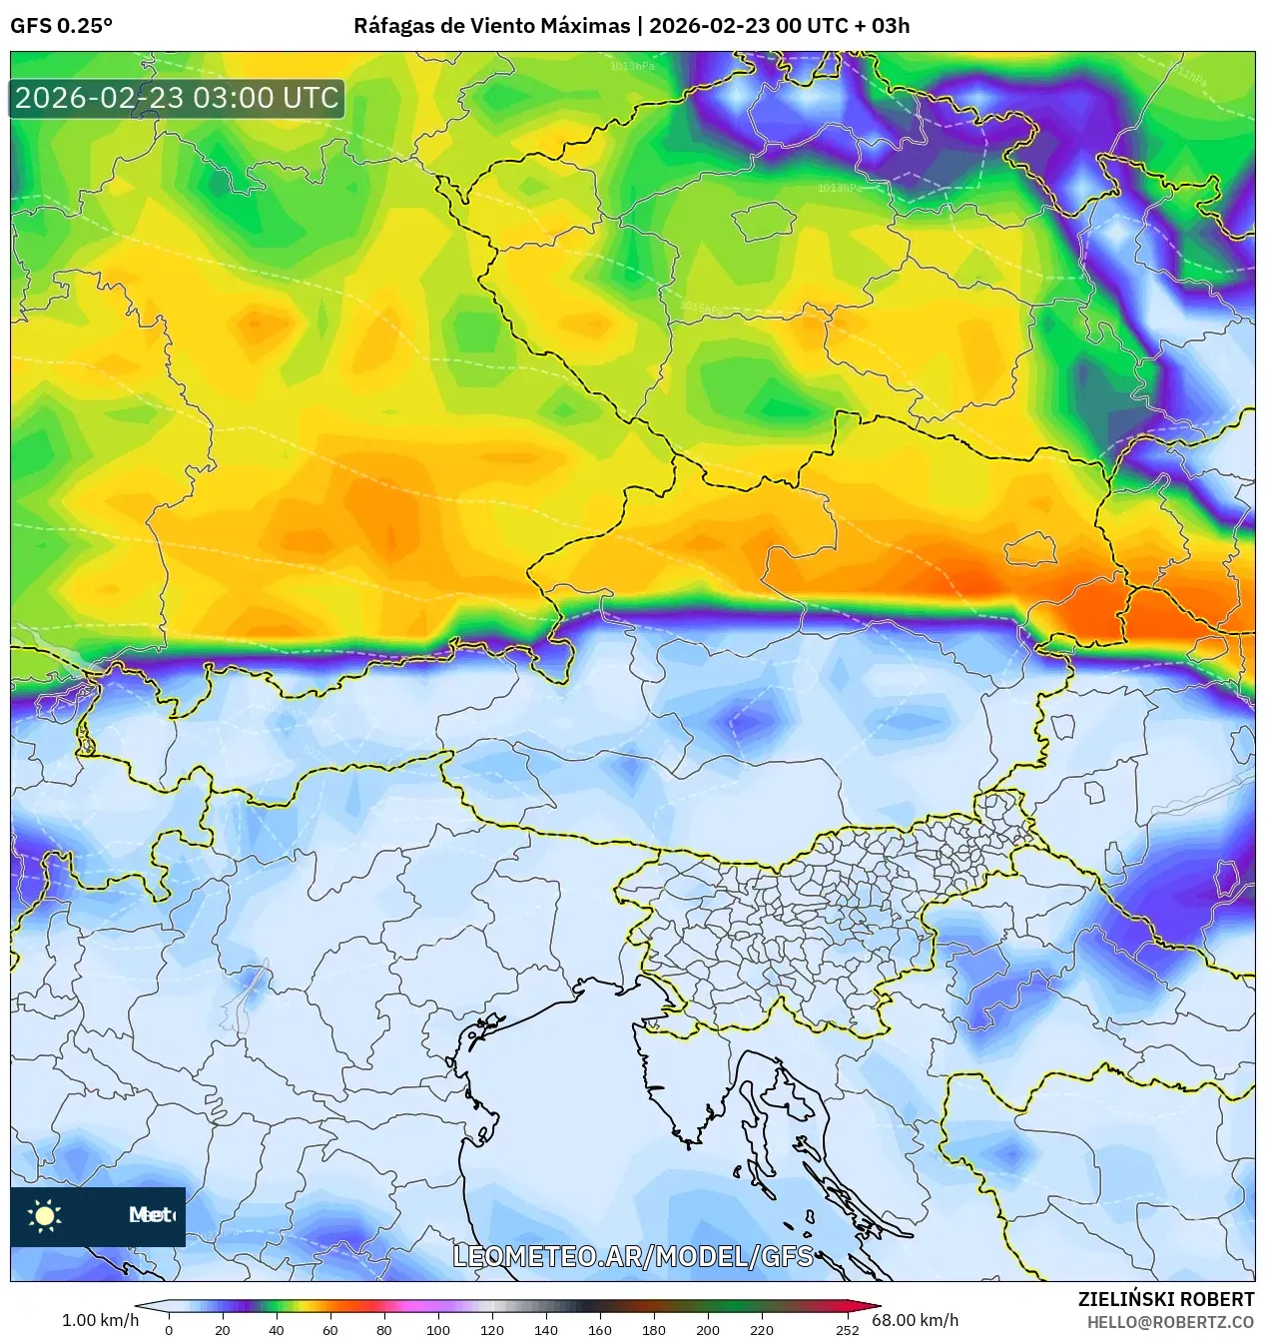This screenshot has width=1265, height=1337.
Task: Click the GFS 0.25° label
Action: (x=61, y=26)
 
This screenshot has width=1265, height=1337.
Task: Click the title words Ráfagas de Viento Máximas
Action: (x=491, y=26)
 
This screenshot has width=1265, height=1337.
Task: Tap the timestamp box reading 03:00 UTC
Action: (x=177, y=98)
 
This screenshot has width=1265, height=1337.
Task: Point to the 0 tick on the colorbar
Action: (x=168, y=1329)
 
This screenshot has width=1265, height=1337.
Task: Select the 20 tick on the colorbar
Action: (x=222, y=1329)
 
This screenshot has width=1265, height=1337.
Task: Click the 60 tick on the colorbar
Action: (x=329, y=1329)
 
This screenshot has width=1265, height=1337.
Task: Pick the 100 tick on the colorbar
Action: (x=437, y=1329)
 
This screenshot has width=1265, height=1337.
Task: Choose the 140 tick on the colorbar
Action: (x=545, y=1329)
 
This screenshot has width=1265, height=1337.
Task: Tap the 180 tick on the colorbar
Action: (x=653, y=1329)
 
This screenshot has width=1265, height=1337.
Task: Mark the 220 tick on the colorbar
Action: (x=761, y=1329)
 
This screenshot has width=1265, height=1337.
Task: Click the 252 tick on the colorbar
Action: (x=848, y=1329)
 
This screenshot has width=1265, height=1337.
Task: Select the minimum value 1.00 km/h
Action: (x=100, y=1320)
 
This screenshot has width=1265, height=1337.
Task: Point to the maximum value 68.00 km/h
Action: (x=915, y=1320)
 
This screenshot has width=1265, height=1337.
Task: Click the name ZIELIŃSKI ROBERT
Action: (x=1165, y=1299)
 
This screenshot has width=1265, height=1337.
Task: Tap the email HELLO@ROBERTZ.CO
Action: (x=1170, y=1322)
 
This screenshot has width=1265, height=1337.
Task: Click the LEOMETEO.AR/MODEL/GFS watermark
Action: (x=633, y=1256)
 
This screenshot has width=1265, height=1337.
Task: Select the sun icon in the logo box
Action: (x=44, y=1215)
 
